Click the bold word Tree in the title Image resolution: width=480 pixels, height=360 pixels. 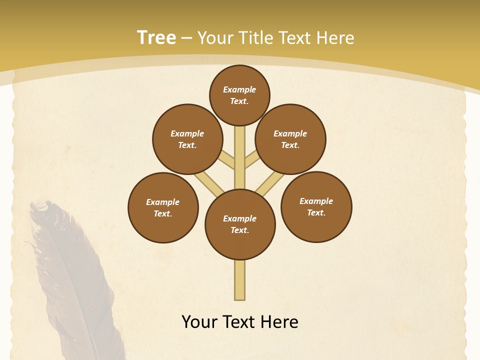pos(156,37)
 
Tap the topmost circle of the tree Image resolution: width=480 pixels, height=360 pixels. pos(239,95)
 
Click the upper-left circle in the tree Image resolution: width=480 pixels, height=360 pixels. pos(187,139)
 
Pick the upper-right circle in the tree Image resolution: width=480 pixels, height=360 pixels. pos(290,139)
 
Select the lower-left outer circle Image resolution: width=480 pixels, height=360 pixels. pos(163,207)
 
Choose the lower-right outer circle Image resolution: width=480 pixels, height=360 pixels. pos(316,206)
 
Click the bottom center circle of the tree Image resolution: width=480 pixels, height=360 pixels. pos(240,224)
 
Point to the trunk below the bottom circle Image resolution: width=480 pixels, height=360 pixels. pos(240,280)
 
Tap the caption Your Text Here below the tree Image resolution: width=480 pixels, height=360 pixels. pos(240,321)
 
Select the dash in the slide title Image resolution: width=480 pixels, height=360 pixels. pos(186,38)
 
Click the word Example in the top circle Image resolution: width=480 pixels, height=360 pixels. pos(239,89)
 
